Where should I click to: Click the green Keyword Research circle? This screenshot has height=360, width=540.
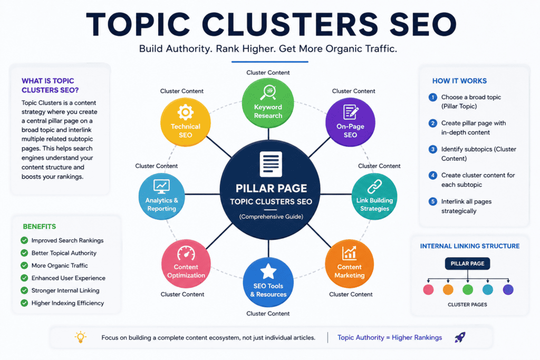tap(268, 103)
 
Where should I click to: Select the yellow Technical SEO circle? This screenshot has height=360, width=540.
tap(186, 122)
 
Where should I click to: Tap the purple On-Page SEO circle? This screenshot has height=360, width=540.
tap(350, 122)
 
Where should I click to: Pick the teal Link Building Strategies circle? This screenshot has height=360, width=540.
tap(374, 196)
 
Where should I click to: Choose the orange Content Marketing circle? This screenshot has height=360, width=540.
tap(350, 264)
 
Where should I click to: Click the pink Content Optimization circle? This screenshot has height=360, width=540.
tap(186, 264)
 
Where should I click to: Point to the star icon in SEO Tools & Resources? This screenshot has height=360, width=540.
tap(268, 271)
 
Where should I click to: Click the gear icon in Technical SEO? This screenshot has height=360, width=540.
tap(185, 112)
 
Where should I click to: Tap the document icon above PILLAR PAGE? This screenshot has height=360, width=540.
tap(271, 164)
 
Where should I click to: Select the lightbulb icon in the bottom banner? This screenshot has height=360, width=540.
tap(81, 337)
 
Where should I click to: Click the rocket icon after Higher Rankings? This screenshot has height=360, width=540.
tap(460, 337)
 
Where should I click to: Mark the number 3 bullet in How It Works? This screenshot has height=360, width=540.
tap(433, 149)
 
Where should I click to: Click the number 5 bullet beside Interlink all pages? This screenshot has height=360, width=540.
tap(433, 202)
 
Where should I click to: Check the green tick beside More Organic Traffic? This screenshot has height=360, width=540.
tap(24, 265)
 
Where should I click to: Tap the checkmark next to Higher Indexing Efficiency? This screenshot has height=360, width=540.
tap(24, 303)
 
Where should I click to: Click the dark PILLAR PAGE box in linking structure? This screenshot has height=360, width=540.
tap(467, 264)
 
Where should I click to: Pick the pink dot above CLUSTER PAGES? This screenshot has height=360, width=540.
tap(428, 289)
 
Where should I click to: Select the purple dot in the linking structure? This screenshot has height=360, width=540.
tap(508, 289)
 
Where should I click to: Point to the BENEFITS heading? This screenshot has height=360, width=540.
tap(39, 227)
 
